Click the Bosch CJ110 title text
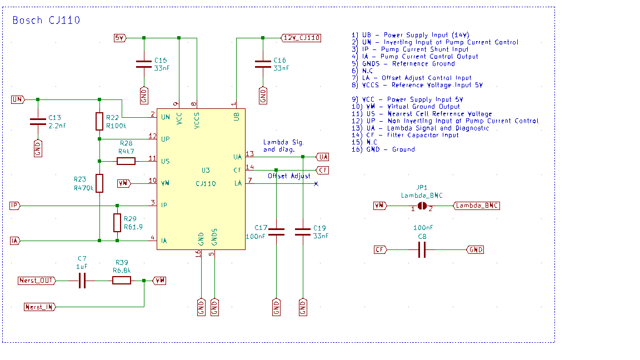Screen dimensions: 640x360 pos(46,20)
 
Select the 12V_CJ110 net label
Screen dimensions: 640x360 pos(301,38)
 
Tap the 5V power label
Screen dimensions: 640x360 pos(120,38)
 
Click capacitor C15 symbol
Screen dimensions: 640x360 pos(144,64)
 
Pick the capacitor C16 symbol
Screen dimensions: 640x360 pos(263,64)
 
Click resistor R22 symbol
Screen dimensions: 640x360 pos(99,121)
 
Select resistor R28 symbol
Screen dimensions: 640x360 pos(126,161)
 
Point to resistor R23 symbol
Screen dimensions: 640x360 pos(99,183)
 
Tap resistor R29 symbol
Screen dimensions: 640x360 pos(117,223)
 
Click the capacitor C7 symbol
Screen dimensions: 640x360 pos(82,281)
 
